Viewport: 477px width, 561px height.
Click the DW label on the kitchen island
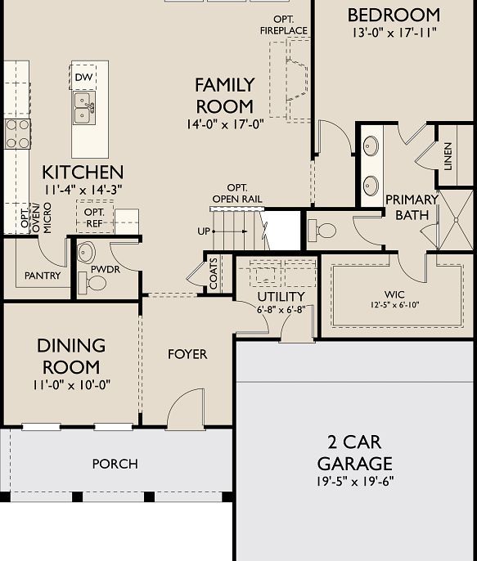tap(83, 78)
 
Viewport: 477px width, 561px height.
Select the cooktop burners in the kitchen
tap(16, 133)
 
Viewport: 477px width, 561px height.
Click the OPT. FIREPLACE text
tap(284, 25)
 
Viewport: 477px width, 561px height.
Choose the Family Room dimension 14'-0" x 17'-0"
tap(224, 124)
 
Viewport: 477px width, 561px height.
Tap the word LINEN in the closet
tap(448, 155)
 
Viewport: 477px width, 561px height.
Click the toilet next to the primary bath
tap(325, 230)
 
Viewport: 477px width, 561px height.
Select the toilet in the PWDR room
tap(96, 283)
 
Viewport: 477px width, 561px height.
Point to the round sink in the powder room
tap(88, 252)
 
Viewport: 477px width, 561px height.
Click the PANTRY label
tap(43, 276)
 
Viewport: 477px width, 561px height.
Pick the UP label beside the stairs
tap(203, 231)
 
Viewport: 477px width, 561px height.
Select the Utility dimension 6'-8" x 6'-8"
tap(281, 311)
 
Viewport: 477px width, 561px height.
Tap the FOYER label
tap(187, 354)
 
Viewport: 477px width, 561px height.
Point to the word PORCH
tap(115, 464)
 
